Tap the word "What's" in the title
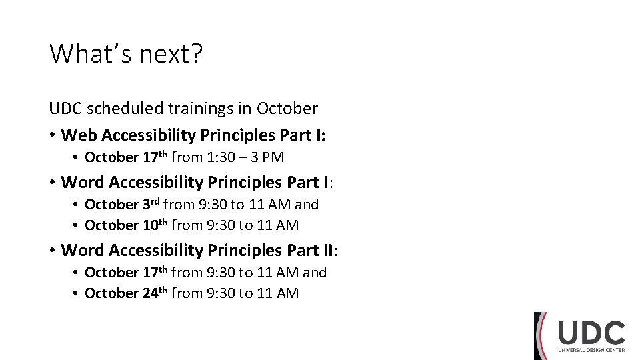click(x=91, y=54)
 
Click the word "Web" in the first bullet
click(x=79, y=135)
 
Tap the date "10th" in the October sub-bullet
click(x=155, y=225)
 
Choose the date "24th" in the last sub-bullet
click(x=155, y=293)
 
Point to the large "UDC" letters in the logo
click(x=591, y=333)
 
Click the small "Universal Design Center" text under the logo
click(x=591, y=351)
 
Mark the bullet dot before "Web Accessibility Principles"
click(x=52, y=136)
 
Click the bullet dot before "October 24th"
click(x=77, y=293)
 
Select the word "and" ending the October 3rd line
click(x=307, y=204)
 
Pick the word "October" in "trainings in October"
click(x=287, y=108)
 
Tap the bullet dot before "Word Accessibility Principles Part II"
click(x=52, y=251)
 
